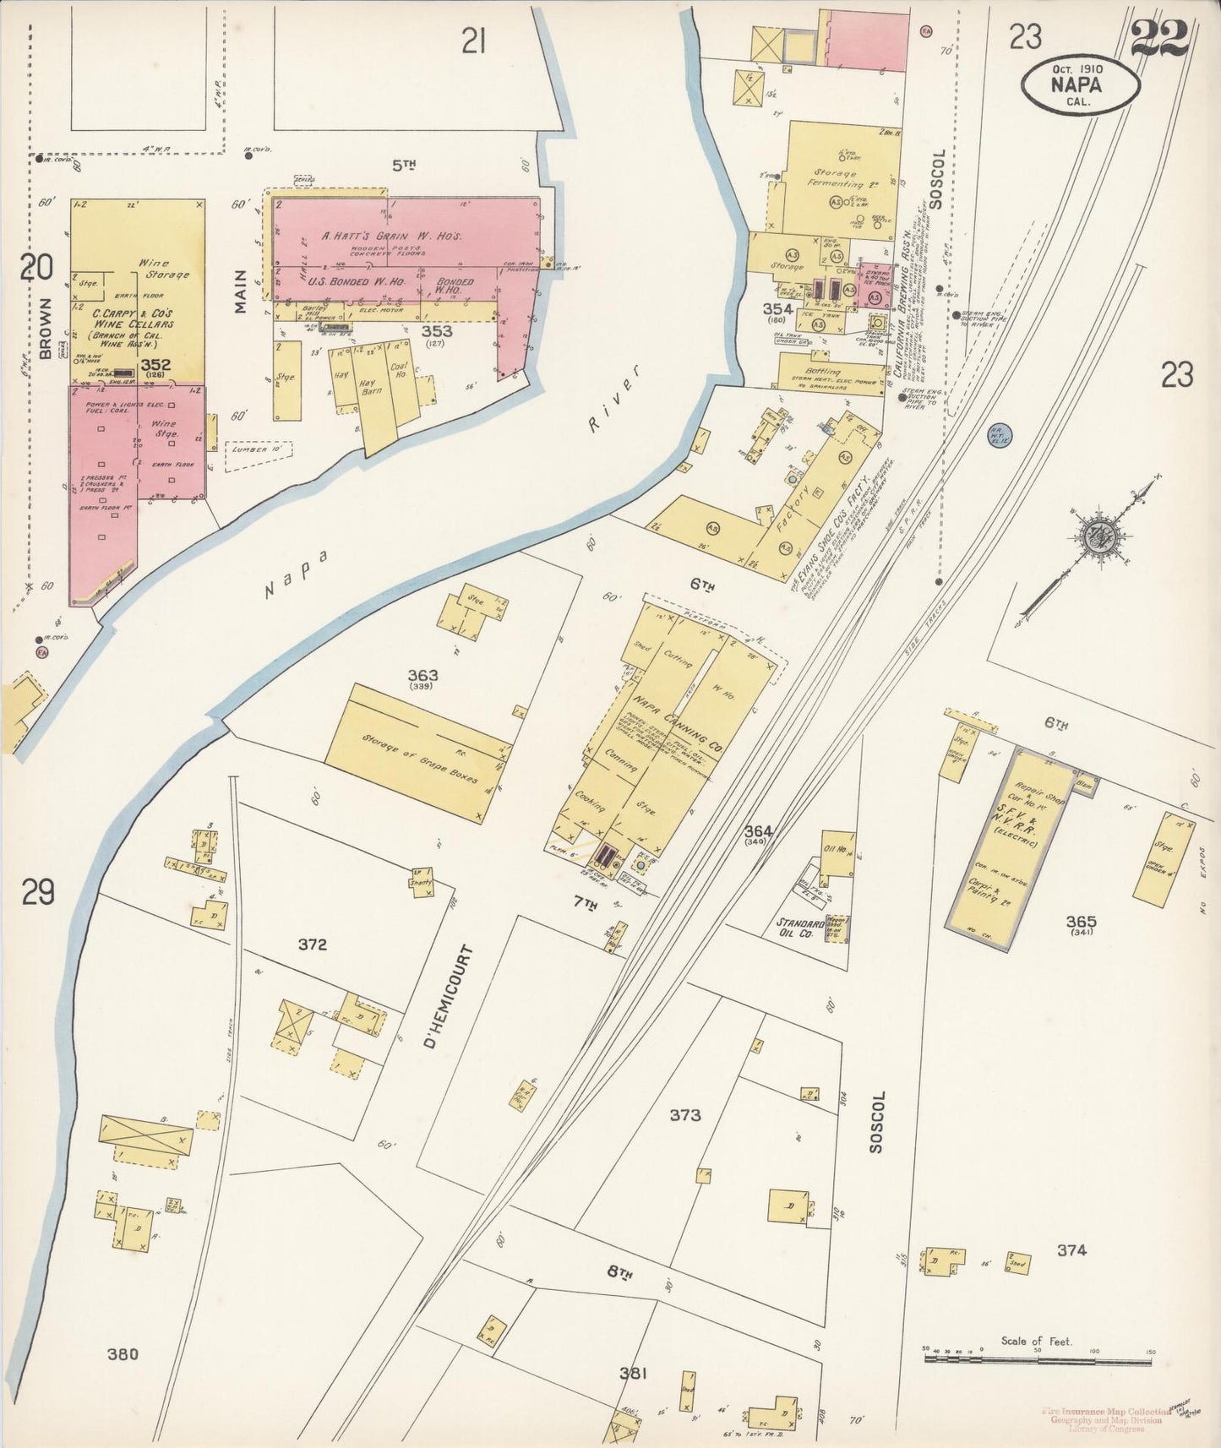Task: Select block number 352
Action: click(x=156, y=365)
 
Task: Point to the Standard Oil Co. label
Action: click(x=793, y=928)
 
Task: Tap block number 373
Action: click(x=684, y=1115)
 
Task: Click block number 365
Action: click(x=1081, y=921)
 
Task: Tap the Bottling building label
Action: click(x=822, y=372)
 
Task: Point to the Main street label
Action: click(x=241, y=291)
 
